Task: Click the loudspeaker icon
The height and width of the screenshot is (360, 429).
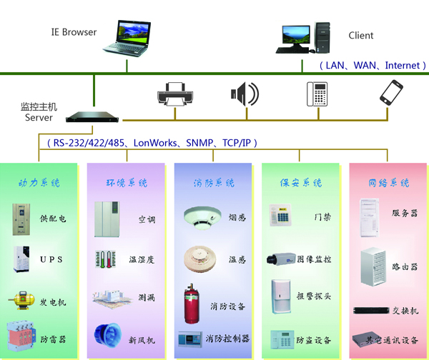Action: [243, 94]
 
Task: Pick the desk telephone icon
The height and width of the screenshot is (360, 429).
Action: [317, 94]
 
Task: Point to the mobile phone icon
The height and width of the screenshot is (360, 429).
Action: [391, 94]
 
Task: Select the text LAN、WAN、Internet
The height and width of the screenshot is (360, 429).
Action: [373, 65]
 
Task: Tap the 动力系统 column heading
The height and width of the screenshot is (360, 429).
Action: [39, 183]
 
